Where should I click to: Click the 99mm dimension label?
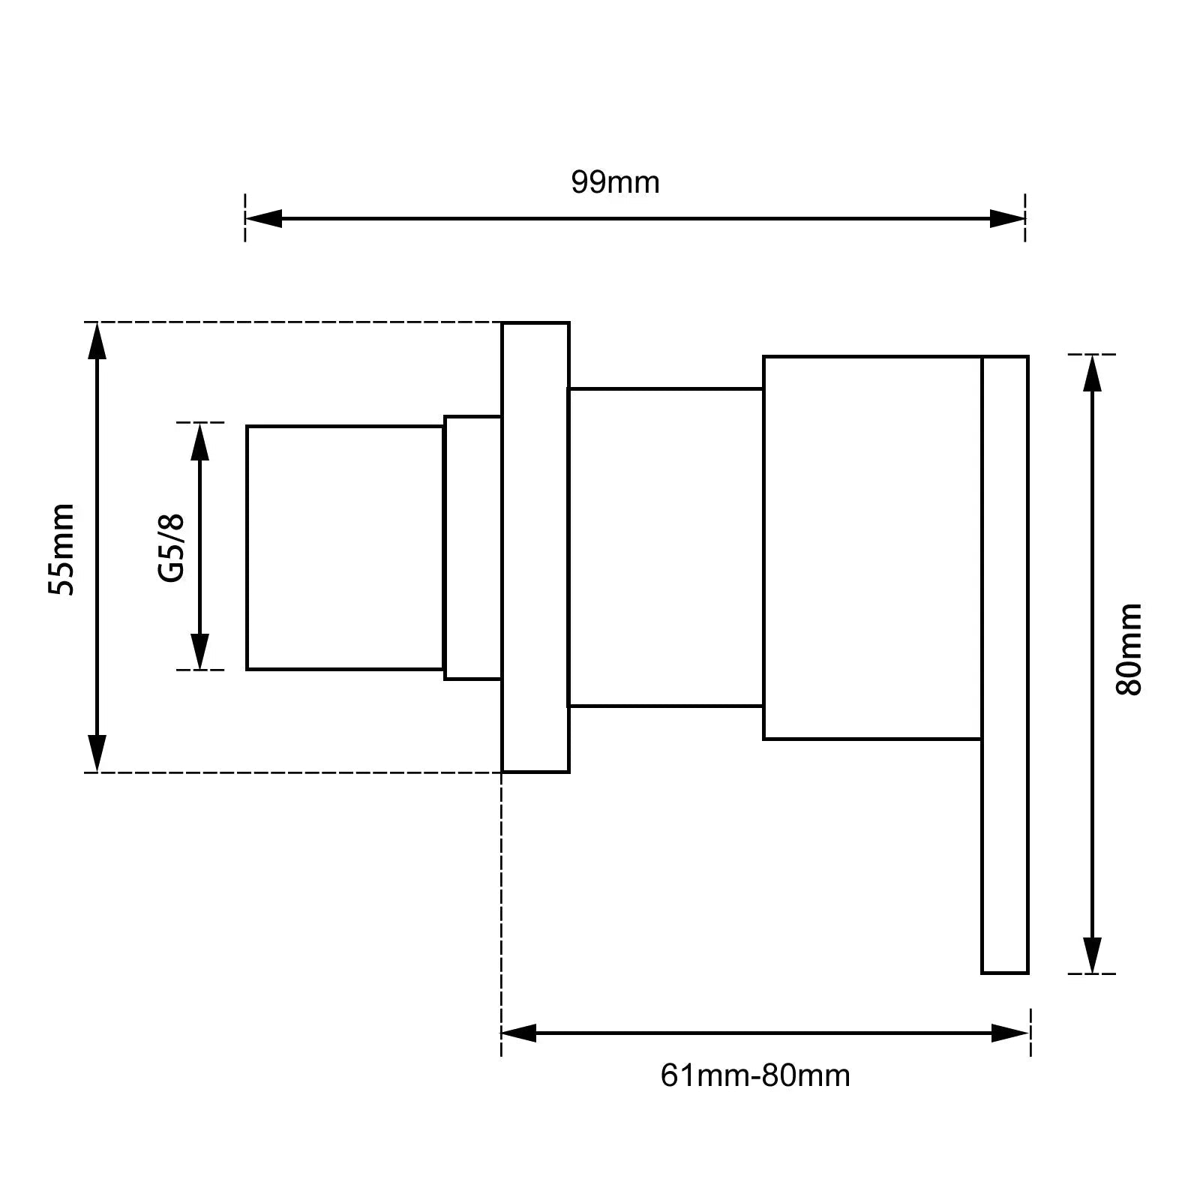point(615,182)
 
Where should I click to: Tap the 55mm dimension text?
point(61,550)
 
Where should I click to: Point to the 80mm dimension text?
point(1129,649)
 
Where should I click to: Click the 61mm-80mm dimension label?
point(755,1076)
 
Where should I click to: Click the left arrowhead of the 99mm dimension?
point(263,218)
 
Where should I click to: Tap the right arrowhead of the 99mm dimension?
point(1007,218)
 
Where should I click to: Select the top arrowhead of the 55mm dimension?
point(97,340)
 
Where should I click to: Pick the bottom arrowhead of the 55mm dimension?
point(97,754)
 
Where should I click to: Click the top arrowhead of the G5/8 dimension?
point(199,441)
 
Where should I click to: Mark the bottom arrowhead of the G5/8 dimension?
point(199,651)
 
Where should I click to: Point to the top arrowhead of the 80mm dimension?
point(1093,373)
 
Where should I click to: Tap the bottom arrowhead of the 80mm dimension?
point(1093,955)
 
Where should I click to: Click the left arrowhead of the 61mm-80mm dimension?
point(519,1033)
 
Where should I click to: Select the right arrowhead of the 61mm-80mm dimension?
point(1010,1033)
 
